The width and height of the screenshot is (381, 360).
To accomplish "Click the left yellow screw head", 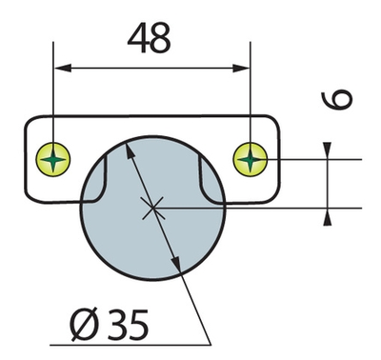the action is pos(53,159).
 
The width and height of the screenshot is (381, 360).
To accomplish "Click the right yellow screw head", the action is pos(251,158).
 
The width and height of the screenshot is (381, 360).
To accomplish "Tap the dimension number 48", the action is pos(150,38).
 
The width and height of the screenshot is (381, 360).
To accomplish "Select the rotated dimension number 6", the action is pos(337,100).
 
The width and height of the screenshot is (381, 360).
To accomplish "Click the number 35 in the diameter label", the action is pos(128,325).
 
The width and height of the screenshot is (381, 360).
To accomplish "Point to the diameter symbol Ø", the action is pos(83,325).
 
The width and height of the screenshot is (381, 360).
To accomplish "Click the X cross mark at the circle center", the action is pos(153,208).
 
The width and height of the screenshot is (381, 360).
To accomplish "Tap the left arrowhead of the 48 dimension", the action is pos(63,68).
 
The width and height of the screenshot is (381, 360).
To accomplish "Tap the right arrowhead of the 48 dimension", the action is pos(241,68).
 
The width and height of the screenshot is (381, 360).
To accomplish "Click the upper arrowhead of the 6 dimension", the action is pos(328,150).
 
